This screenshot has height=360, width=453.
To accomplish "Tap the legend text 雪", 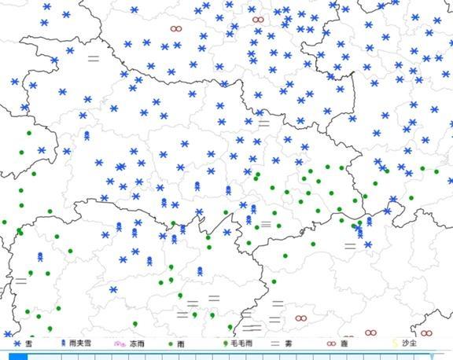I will point(28,343).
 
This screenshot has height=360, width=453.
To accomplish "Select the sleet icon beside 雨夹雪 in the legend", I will point(66,343).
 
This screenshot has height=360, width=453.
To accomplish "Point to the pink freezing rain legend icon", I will point(120,343).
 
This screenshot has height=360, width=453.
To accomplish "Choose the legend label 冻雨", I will point(137,343).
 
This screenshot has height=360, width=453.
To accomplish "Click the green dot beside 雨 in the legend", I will point(171,343).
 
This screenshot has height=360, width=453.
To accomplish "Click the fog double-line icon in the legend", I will point(275,343).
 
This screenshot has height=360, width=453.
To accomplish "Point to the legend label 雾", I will point(290,343).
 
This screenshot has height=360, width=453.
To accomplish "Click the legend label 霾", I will point(344,343).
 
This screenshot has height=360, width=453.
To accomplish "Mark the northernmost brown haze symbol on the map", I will point(258,19).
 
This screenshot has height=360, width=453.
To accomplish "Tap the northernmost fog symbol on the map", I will point(93,57).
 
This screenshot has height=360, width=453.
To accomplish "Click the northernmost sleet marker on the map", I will point(87,135).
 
